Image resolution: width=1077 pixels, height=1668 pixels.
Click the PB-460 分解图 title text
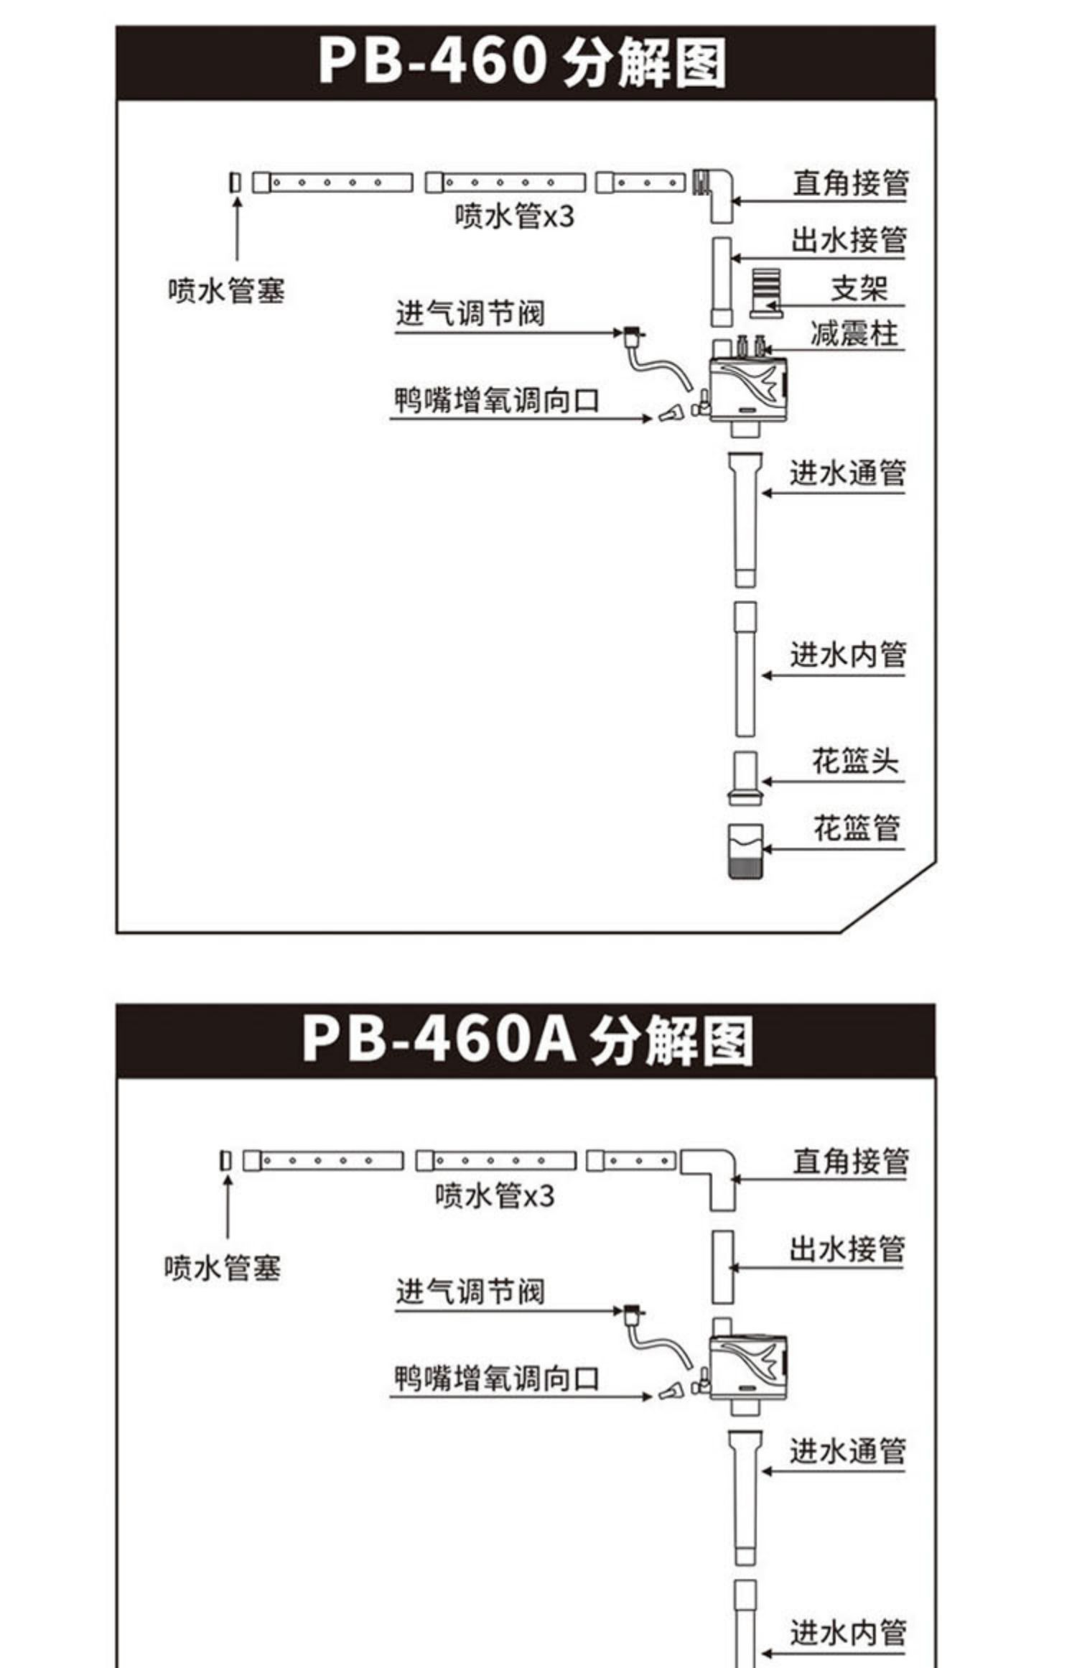click(x=522, y=62)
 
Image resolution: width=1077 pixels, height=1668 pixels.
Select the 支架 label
click(x=859, y=289)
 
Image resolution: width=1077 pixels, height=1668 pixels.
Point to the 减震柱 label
click(x=854, y=334)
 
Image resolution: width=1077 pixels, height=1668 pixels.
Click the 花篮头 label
click(x=854, y=761)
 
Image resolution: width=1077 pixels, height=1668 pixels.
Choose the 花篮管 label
click(x=856, y=829)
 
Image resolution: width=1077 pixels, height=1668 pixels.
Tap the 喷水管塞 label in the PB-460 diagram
click(x=226, y=291)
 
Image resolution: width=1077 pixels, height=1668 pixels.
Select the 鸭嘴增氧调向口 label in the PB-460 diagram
click(x=496, y=401)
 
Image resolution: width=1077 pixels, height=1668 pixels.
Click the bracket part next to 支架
click(x=765, y=293)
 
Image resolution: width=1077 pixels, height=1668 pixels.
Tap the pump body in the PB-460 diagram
click(x=748, y=388)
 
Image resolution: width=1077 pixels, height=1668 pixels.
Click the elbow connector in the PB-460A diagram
click(x=713, y=1169)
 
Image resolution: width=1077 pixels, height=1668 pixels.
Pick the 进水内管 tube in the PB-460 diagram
click(x=745, y=669)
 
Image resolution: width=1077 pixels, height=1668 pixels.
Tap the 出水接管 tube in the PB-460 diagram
click(x=722, y=282)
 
